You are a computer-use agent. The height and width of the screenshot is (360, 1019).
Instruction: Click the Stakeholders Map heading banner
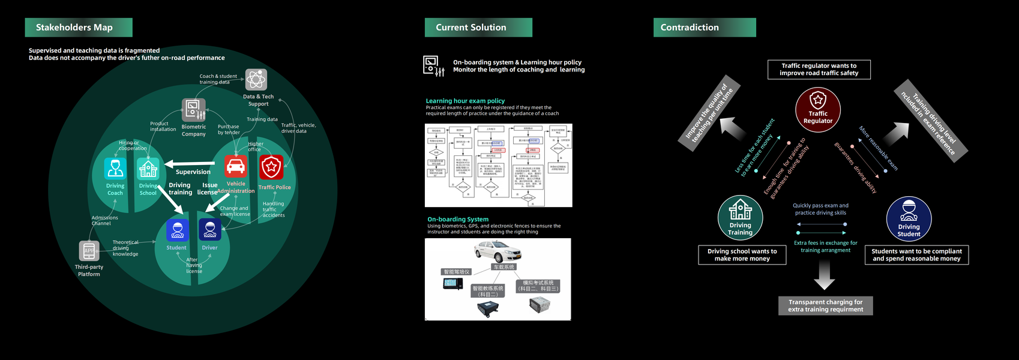[x=78, y=28]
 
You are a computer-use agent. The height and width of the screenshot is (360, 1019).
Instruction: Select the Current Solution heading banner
[x=478, y=28]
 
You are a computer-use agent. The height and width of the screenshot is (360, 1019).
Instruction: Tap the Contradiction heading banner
[x=704, y=28]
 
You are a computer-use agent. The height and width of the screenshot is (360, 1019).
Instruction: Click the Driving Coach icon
[x=115, y=169]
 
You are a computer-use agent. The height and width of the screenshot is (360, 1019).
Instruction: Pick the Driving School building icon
[x=148, y=169]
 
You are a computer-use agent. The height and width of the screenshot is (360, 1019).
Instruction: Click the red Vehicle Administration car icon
[x=236, y=167]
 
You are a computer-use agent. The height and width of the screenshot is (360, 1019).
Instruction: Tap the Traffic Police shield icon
[x=271, y=167]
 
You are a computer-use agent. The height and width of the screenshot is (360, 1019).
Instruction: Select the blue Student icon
[x=177, y=230]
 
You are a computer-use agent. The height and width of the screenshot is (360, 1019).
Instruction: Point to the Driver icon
[x=210, y=230]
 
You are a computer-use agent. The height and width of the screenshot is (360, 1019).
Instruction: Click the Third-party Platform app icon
[x=89, y=251]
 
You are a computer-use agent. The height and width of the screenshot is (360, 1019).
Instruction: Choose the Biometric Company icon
[x=193, y=110]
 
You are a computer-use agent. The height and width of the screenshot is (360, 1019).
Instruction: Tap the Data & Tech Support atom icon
[x=256, y=79]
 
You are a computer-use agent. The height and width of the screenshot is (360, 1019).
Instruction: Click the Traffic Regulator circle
[x=818, y=109]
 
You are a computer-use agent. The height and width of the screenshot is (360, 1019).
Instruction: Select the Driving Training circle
[x=741, y=218]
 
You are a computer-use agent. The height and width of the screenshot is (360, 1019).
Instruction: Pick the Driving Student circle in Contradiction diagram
[x=909, y=219]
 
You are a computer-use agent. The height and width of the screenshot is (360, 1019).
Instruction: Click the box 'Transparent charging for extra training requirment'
[x=826, y=306]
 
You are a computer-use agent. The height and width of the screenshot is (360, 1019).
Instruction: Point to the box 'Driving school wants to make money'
[x=742, y=255]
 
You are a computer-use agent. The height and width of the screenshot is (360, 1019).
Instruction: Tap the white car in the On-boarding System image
[x=497, y=251]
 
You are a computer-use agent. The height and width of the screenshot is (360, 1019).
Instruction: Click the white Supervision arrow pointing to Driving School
[x=189, y=163]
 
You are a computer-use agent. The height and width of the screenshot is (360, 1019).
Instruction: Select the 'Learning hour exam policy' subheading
[x=465, y=101]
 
